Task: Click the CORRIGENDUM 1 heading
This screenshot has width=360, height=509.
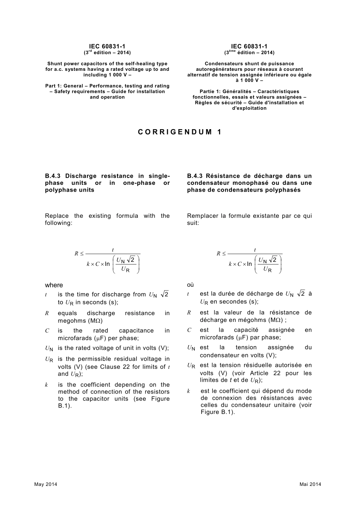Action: pyautogui.click(x=180, y=132)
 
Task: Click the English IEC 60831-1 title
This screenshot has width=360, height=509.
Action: pyautogui.click(x=107, y=47)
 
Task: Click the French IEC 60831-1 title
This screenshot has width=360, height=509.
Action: pyautogui.click(x=249, y=47)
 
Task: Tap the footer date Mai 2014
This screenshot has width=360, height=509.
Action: pyautogui.click(x=310, y=484)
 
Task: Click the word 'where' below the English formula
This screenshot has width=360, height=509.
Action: pyautogui.click(x=54, y=285)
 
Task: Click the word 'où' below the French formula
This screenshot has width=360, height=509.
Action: pyautogui.click(x=190, y=285)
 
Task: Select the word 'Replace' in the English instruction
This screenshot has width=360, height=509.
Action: pyautogui.click(x=57, y=216)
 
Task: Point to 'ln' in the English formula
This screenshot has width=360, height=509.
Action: pyautogui.click(x=107, y=264)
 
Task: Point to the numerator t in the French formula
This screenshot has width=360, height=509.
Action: pyautogui.click(x=255, y=250)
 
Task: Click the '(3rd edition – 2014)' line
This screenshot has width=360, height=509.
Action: pyautogui.click(x=107, y=53)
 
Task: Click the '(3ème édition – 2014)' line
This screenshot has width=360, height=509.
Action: pyautogui.click(x=249, y=53)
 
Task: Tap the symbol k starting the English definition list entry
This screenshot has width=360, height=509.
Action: pyautogui.click(x=46, y=385)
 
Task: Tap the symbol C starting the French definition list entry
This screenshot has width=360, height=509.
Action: pyautogui.click(x=189, y=330)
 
